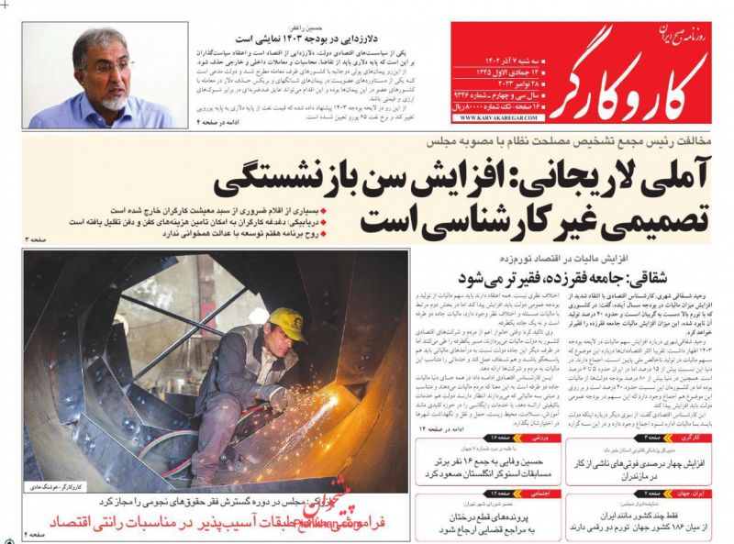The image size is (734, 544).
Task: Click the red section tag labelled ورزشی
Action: pyautogui.click(x=537, y=439)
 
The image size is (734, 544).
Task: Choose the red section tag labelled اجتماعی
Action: pyautogui.click(x=536, y=493)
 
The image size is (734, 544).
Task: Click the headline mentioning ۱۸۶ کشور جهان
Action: pyautogui.click(x=641, y=527)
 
